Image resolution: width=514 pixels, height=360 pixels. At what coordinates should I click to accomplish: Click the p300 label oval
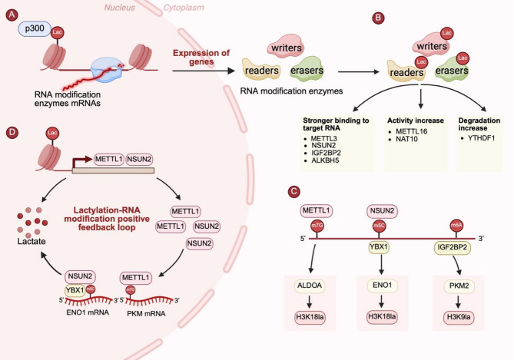tap(35, 29)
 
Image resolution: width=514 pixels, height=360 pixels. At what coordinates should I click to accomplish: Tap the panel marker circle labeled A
tap(12, 15)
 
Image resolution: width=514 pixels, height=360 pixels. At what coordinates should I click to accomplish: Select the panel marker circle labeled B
tap(378, 18)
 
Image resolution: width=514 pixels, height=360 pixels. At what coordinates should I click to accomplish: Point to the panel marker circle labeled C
tap(293, 191)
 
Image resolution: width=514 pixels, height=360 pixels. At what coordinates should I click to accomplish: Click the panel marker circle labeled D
tap(12, 132)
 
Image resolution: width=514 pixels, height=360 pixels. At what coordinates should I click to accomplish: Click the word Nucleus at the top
tap(119, 8)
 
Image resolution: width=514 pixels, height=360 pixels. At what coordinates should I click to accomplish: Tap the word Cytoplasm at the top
tap(184, 8)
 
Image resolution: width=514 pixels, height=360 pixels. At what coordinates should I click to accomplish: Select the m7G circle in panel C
tap(317, 226)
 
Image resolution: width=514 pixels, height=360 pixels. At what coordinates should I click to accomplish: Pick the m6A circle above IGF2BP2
tap(456, 225)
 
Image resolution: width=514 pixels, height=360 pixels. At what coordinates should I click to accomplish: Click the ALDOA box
tap(310, 286)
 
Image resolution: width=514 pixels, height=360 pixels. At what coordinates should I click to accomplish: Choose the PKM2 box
tap(459, 286)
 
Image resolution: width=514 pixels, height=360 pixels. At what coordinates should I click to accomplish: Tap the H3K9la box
tap(459, 317)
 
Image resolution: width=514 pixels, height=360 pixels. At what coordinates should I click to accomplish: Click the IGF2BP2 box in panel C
tap(452, 247)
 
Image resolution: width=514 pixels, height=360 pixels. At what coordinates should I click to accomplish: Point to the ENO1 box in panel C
tap(382, 286)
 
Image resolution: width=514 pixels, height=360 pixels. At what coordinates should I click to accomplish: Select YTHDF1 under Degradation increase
tap(481, 138)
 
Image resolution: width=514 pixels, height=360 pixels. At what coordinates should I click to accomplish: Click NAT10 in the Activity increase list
tap(406, 139)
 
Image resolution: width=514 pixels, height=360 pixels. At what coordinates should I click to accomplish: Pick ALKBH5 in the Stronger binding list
tap(325, 160)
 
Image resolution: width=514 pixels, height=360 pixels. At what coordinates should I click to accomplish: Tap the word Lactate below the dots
tap(32, 242)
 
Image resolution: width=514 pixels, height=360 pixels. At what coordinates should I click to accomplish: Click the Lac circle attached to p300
tap(57, 32)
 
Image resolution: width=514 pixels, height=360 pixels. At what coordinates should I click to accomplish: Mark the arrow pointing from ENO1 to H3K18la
tap(381, 301)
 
